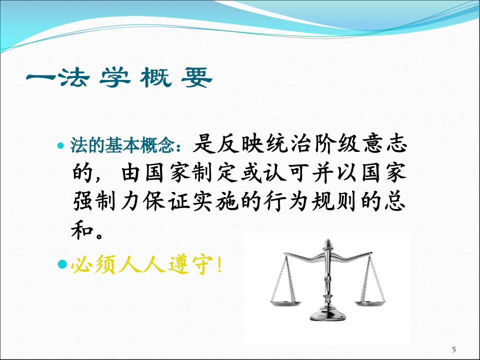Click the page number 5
454,349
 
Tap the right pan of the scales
370,301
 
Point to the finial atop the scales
328,244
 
